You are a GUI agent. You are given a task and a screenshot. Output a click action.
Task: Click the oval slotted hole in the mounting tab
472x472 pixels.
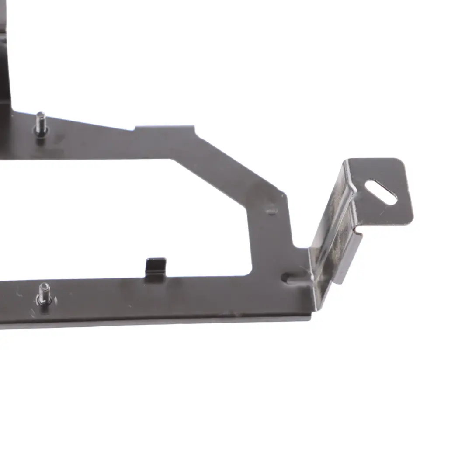(x=381, y=192)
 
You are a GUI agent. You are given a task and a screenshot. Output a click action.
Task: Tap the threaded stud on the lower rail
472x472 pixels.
(x=44, y=294)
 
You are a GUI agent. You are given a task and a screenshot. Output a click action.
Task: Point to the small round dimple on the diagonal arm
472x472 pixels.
(x=271, y=210)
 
